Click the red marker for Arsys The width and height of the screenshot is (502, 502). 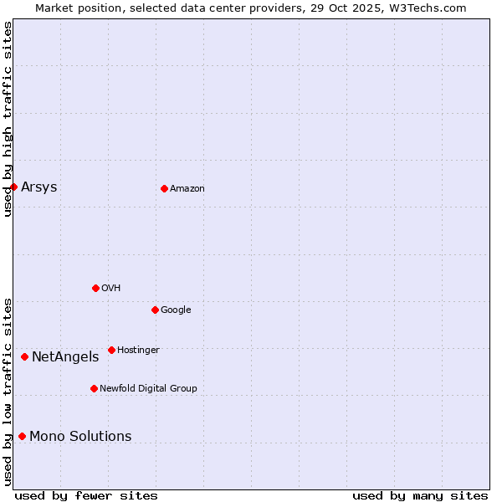(13, 187)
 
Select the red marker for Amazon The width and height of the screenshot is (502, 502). (164, 188)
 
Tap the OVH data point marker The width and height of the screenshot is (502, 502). (95, 288)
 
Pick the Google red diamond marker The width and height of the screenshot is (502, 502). (155, 310)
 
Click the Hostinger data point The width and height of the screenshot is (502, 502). (111, 350)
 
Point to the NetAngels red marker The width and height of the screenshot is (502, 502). (24, 356)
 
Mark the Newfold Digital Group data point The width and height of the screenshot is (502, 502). (94, 388)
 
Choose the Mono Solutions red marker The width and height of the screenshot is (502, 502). (22, 436)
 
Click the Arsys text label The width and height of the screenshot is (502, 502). (39, 187)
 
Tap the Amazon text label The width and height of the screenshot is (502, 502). (187, 188)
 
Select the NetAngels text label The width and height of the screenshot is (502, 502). (65, 356)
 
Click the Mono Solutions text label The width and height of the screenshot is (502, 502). (80, 436)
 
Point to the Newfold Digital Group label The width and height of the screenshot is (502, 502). (148, 388)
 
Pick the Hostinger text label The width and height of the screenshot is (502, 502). (138, 350)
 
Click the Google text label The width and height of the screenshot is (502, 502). (176, 310)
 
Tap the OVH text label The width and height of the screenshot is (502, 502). (110, 288)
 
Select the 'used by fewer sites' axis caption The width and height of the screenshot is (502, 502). (86, 495)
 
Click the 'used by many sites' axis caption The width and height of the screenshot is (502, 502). (420, 495)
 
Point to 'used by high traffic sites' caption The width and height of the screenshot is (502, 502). (8, 119)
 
